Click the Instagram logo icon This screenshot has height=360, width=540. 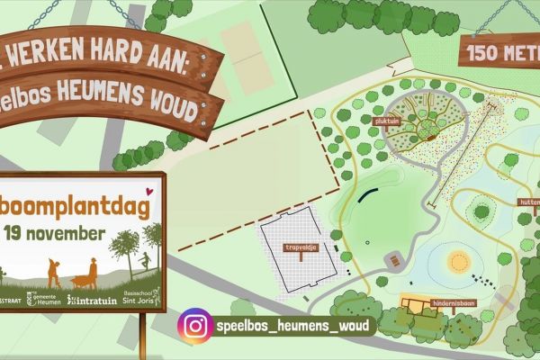(194, 324)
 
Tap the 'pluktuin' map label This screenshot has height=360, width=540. (388, 119)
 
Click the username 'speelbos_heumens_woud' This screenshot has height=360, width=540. (292, 324)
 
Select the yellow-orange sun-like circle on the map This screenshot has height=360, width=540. (460, 262)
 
